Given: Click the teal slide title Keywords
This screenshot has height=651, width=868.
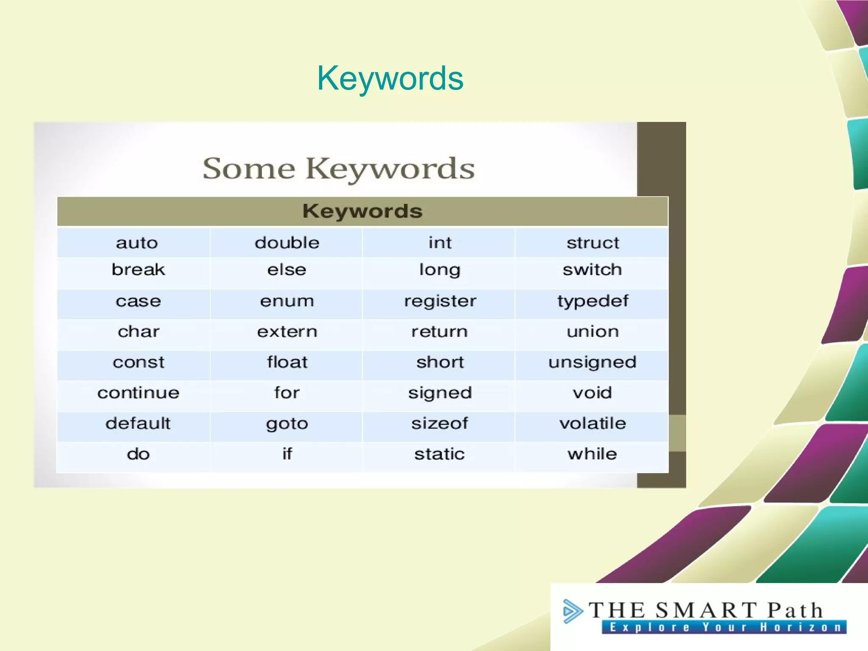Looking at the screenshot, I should [390, 78].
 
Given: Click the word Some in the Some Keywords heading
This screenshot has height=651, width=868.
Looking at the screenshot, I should [249, 169].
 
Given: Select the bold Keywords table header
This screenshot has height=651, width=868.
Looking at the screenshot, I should [362, 211].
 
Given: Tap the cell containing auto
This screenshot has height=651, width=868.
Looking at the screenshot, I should [137, 243].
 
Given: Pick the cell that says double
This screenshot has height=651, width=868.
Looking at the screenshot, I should [287, 243].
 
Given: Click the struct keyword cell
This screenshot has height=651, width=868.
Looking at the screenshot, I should [593, 243].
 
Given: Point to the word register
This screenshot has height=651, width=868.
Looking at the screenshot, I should [440, 301].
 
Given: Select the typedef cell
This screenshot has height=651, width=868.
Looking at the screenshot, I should [593, 301].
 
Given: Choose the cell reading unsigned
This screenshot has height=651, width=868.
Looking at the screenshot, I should [593, 362].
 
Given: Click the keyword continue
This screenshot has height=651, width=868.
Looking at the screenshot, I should [138, 393].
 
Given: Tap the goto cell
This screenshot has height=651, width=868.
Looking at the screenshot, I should [287, 423].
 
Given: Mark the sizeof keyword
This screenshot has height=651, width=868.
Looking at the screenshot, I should [440, 423].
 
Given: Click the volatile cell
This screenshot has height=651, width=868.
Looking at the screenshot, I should [593, 423].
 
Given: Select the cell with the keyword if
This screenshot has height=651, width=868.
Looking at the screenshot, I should [287, 454].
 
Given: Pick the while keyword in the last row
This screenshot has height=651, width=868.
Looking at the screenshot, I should [593, 454].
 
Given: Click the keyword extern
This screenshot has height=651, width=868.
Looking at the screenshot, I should [287, 332].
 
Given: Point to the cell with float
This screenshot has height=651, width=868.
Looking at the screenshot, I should [287, 362].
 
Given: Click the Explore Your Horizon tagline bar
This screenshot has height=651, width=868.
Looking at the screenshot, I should [724, 627].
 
